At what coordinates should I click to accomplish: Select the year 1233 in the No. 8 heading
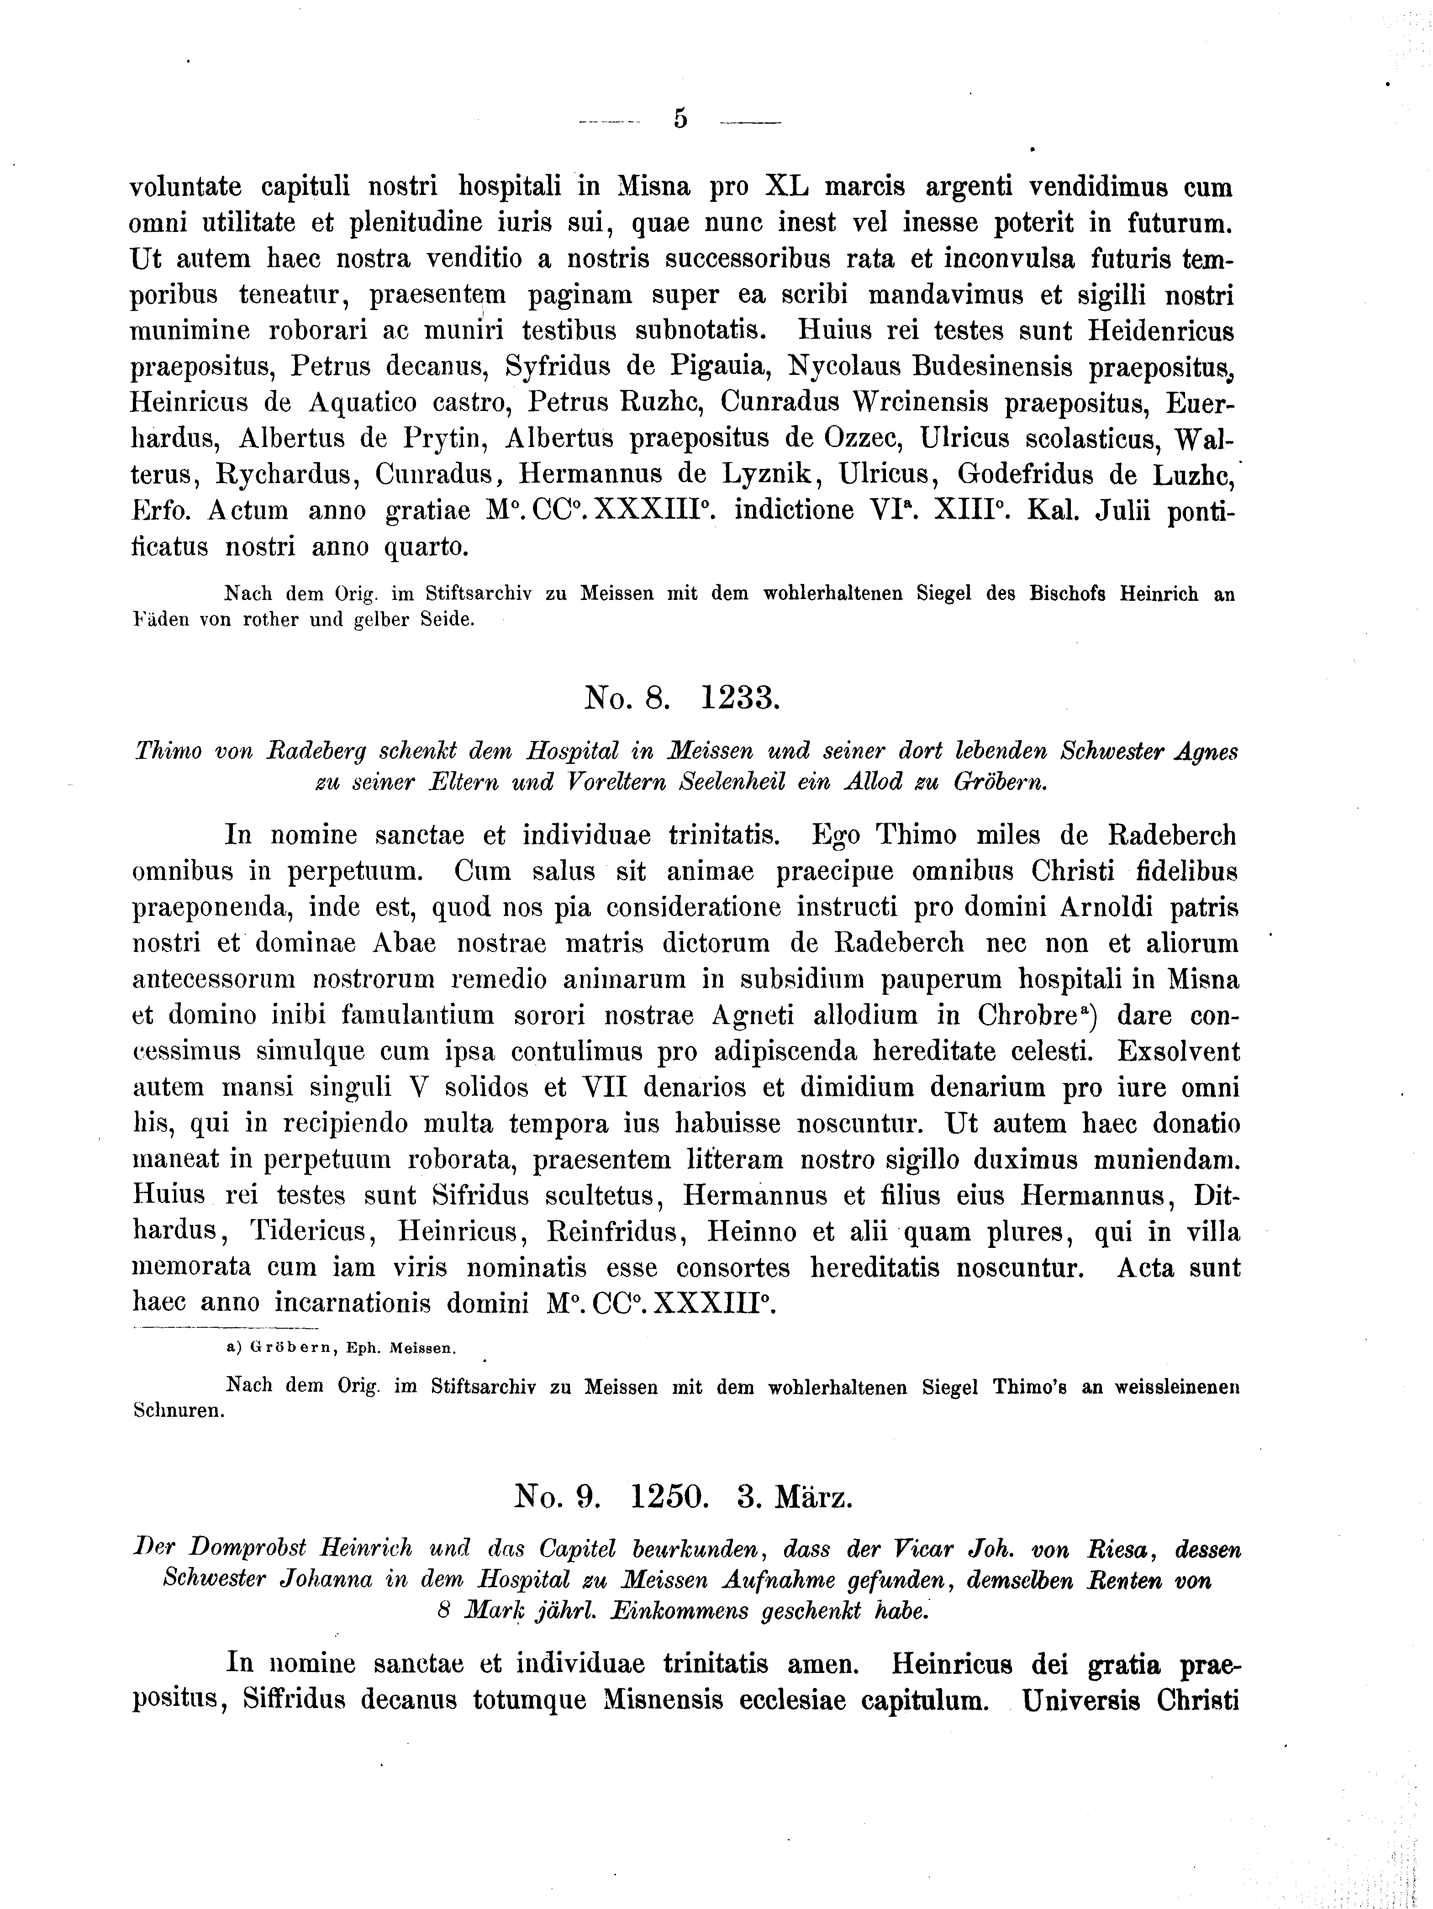(739, 697)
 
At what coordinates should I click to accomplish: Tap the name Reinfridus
(616, 1232)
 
